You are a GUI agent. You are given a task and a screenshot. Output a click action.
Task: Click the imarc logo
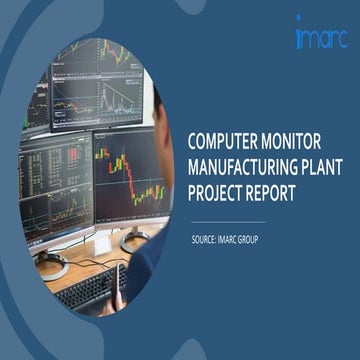coord(319,37)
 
